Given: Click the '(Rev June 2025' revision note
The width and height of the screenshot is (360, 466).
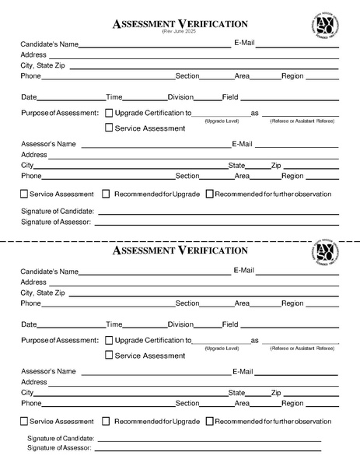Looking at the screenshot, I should coord(180,33).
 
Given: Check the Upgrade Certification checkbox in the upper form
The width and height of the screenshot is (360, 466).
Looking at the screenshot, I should coord(109,113).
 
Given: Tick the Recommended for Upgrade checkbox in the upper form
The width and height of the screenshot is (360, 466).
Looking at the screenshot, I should coord(107,194).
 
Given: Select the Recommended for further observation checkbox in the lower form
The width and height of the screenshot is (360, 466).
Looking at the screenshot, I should coord(210,421).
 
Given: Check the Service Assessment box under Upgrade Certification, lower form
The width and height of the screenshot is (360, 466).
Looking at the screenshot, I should coord(109,356).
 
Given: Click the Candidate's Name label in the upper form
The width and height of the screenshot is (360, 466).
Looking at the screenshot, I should coord(50,44).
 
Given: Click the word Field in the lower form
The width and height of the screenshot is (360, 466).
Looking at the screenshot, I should coord(230,324).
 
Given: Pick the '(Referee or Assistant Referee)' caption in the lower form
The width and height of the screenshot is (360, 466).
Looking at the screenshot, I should coord(302,349).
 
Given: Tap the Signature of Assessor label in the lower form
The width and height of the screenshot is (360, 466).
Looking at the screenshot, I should coord(59,448).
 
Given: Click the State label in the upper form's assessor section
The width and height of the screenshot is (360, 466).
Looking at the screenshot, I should coord(236,166).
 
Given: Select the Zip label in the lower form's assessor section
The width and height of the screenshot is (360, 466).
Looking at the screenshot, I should coord(276,393).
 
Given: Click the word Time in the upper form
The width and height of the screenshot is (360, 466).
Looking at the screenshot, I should coord(114,97).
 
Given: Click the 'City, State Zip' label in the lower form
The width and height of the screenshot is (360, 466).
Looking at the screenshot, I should coord(43,293).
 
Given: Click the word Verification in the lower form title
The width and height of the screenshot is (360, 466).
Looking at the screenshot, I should coord(212,251).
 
